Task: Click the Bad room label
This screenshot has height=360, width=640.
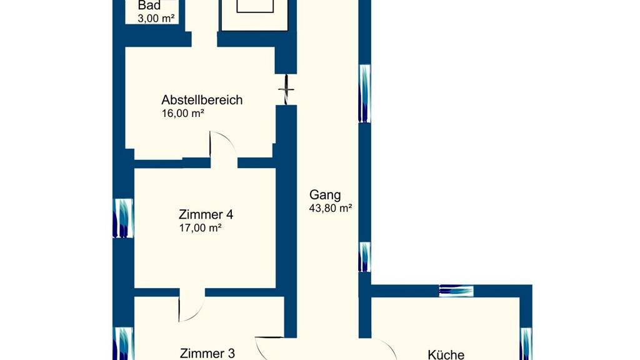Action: click(x=149, y=5)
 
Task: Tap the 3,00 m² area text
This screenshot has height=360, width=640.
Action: click(x=156, y=18)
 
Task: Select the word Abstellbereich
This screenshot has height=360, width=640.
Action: click(x=202, y=99)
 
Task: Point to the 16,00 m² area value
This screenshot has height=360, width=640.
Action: click(x=183, y=114)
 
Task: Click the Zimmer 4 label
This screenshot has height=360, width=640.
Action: click(x=206, y=214)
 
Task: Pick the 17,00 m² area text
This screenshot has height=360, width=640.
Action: click(x=201, y=227)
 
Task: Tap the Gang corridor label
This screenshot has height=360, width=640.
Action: click(x=325, y=196)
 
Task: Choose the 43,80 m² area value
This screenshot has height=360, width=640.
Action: click(x=331, y=208)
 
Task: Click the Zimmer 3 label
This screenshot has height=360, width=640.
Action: click(x=207, y=353)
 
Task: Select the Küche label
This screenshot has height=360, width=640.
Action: click(x=446, y=354)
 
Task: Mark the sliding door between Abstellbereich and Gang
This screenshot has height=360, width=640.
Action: click(x=286, y=89)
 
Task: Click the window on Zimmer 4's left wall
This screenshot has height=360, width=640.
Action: click(x=123, y=218)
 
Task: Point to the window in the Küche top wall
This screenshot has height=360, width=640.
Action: click(x=456, y=291)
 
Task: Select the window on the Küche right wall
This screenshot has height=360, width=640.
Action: click(x=526, y=344)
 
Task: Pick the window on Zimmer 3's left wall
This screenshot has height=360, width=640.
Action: click(x=123, y=343)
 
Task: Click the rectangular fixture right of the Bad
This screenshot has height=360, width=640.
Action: click(x=255, y=15)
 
